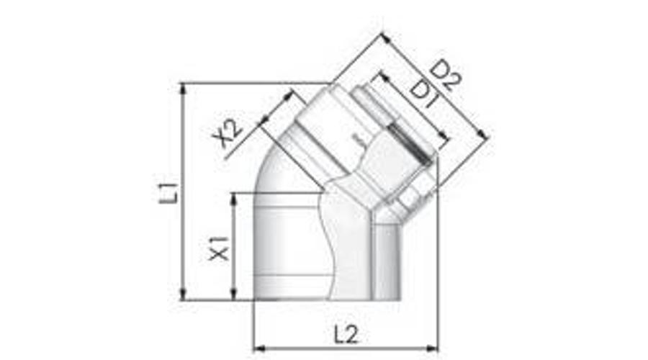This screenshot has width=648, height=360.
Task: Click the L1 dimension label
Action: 168,193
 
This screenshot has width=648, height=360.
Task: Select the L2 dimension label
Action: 346,334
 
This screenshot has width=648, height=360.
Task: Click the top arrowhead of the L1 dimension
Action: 184,86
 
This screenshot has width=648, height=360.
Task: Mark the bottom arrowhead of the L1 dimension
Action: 184,296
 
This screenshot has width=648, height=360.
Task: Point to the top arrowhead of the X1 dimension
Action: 233,196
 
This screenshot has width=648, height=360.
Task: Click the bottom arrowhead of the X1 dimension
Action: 233,296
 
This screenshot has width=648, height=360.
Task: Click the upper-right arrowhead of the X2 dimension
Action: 292,93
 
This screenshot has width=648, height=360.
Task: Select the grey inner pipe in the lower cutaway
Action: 385,263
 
